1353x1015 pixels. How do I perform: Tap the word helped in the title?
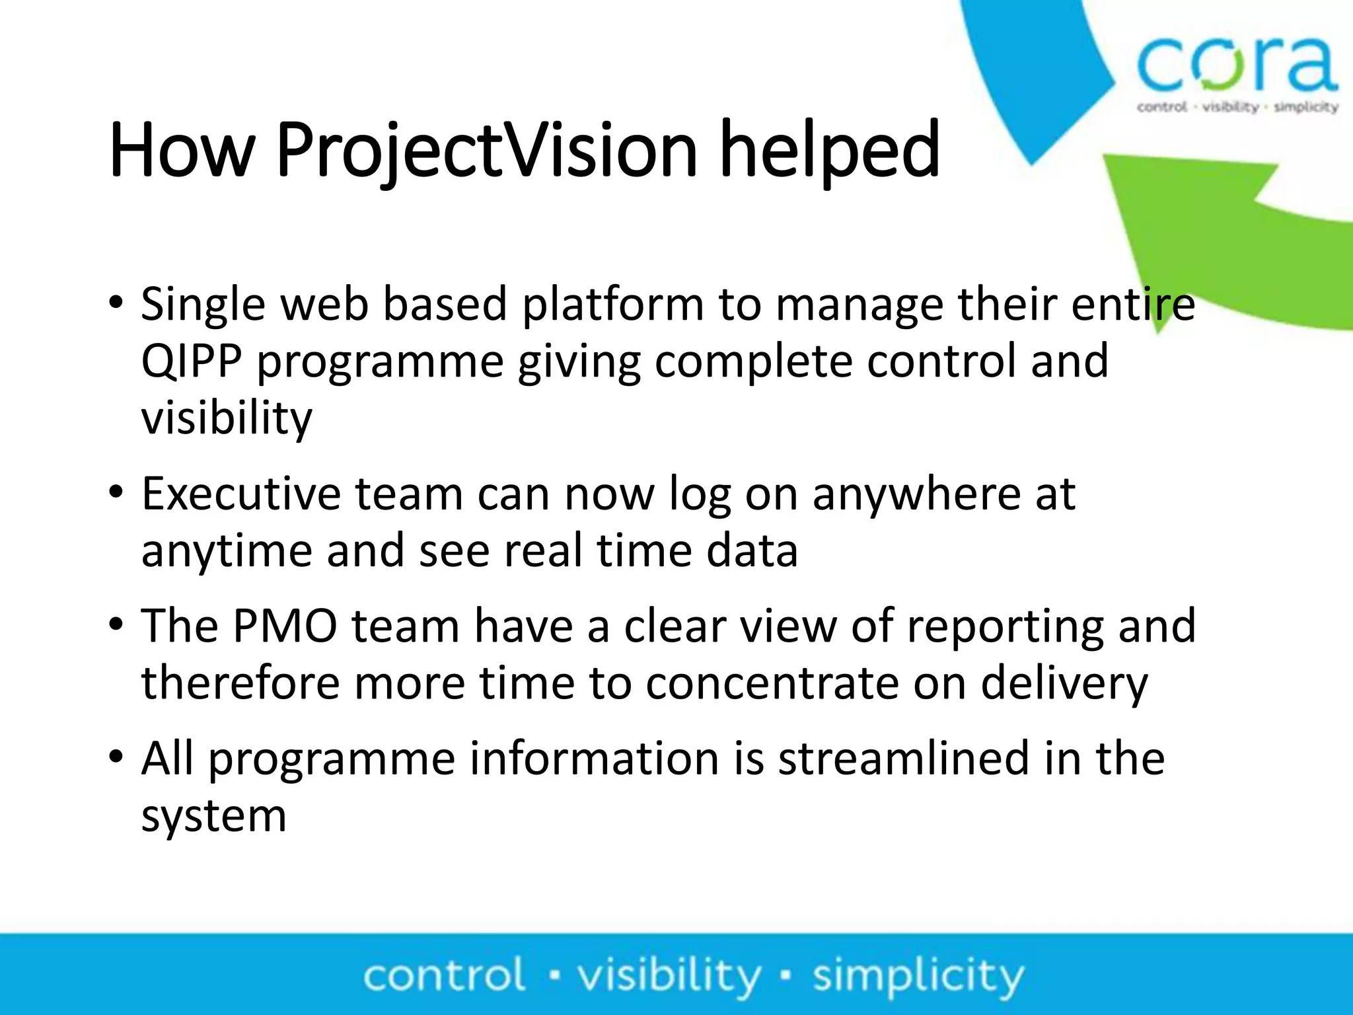pos(829,151)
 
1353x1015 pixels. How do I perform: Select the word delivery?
pos(1064,684)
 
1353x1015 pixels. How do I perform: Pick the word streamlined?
pos(904,759)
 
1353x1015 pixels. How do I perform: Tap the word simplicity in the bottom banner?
pos(918,976)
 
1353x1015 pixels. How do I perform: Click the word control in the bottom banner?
pos(444,976)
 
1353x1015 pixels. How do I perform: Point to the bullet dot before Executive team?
pos(116,493)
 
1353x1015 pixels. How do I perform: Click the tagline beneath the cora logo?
pos(1237,107)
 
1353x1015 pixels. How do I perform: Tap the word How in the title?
pos(182,151)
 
